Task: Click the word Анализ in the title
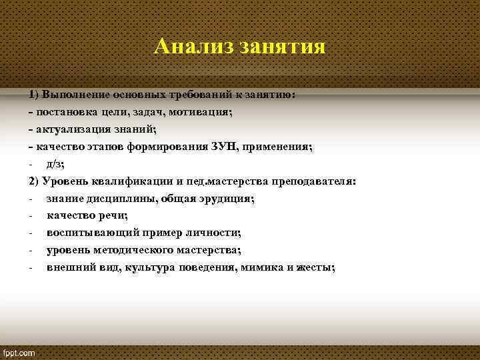tap(194, 47)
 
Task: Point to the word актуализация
tap(73, 129)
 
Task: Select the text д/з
tap(55, 163)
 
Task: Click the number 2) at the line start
tap(34, 181)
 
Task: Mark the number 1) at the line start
tap(34, 95)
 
